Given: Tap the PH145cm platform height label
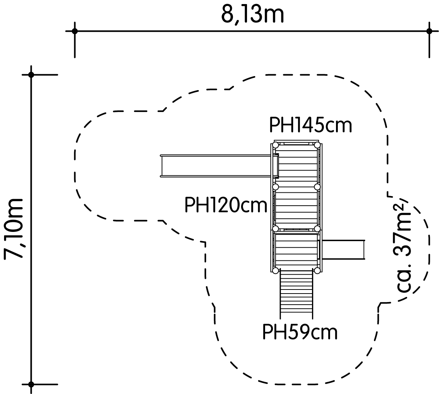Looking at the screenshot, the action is tap(310, 125).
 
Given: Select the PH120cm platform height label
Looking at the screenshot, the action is tap(226, 205).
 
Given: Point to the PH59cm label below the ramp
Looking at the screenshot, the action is tap(299, 332).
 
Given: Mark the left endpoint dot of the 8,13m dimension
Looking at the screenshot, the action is tap(75, 31).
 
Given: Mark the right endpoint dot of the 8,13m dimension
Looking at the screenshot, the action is tap(429, 31).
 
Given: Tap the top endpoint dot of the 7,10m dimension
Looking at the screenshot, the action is tap(31, 75).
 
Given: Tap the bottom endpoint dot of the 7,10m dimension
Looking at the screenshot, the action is tap(31, 384).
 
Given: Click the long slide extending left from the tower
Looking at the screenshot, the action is tap(216, 166).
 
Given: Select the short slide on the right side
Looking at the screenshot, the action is tap(343, 250).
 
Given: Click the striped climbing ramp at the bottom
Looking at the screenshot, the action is tap(296, 294).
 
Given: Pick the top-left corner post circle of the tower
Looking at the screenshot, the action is tap(275, 145).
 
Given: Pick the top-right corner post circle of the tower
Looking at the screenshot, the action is tap(317, 145).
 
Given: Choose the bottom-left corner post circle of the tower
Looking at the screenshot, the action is tap(275, 271).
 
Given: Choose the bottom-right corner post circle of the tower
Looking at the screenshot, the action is tap(317, 271).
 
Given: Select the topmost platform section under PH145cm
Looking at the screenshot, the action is tap(296, 165).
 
